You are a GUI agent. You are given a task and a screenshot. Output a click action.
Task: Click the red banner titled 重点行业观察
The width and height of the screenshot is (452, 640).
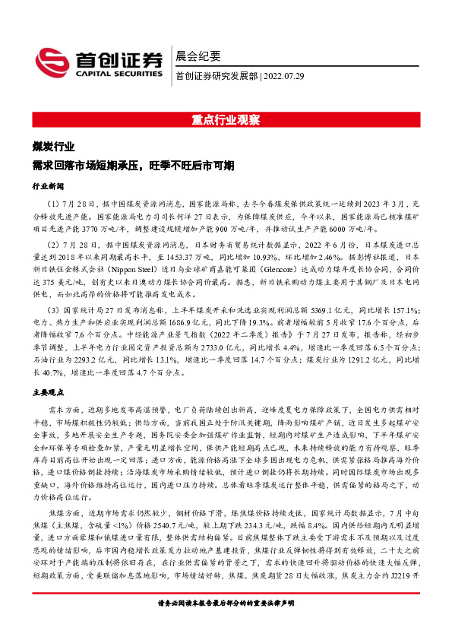(226, 119)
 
